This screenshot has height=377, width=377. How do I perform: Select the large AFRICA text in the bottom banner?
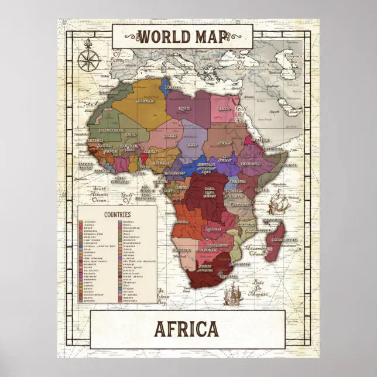pyautogui.click(x=187, y=330)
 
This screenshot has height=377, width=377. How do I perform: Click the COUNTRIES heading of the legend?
pyautogui.click(x=116, y=215)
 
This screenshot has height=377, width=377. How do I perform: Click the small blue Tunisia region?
pyautogui.click(x=169, y=87)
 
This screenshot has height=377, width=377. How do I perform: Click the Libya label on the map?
pyautogui.click(x=184, y=108)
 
